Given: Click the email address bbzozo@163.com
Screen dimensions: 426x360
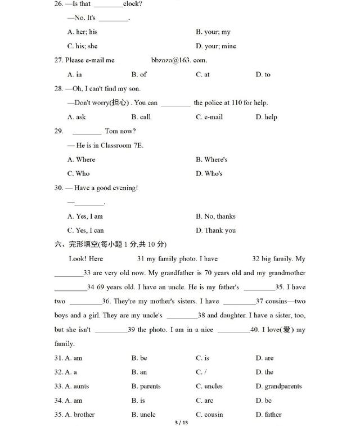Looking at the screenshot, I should coord(179,60).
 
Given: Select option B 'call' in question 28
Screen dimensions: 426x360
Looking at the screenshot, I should coord(141,117).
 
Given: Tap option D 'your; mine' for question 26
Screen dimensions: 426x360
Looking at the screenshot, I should coord(216,46).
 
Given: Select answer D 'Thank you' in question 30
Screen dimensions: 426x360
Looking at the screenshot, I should coord(216,230).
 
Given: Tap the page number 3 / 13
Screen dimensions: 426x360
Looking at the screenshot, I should coord(180,421).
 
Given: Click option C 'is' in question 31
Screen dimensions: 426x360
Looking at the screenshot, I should coord(202,358).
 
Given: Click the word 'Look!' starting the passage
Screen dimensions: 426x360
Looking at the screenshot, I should coord(78,259).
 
